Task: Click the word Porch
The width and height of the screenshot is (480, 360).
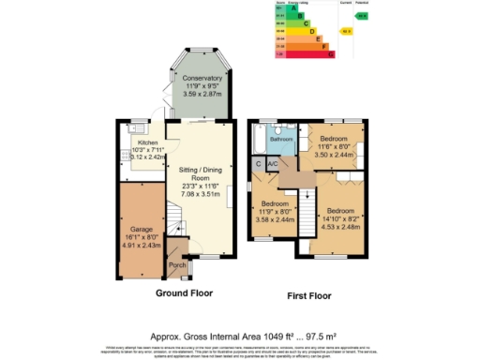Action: pyautogui.click(x=176, y=265)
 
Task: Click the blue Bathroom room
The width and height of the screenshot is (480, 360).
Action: pyautogui.click(x=281, y=139)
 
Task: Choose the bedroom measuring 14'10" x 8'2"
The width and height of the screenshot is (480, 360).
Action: pyautogui.click(x=342, y=212)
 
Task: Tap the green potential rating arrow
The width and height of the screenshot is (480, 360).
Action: pyautogui.click(x=361, y=16)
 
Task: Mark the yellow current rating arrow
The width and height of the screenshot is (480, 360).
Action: pyautogui.click(x=346, y=31)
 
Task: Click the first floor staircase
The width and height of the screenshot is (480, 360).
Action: pyautogui.click(x=305, y=211)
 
